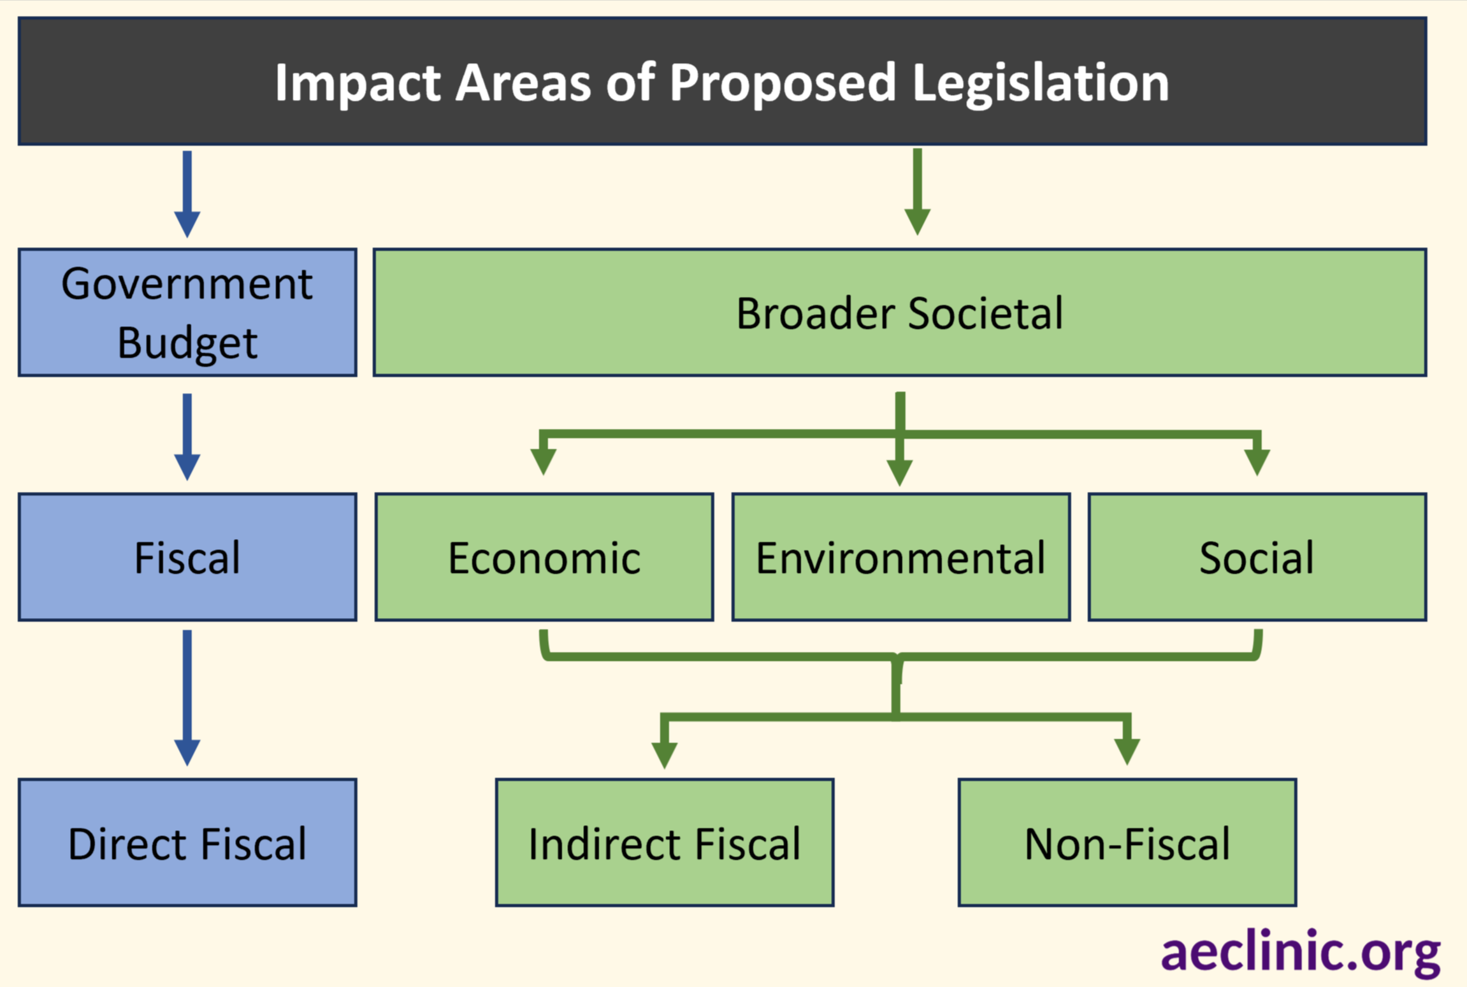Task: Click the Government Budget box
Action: point(187,312)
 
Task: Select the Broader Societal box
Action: point(899,312)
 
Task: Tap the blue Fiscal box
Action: point(187,557)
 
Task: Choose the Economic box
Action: point(544,557)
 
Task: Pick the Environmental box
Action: point(900,557)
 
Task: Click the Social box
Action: point(1257,557)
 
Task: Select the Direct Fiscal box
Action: point(187,842)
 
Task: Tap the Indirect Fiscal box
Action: point(665,842)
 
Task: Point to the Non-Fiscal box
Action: point(1127,842)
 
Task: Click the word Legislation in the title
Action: point(1041,83)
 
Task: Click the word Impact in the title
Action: point(358,83)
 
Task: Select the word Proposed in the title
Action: point(783,83)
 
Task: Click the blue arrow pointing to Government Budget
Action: point(187,194)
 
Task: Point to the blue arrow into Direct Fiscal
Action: point(187,698)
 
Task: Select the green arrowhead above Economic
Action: point(544,460)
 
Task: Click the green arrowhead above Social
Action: point(1257,461)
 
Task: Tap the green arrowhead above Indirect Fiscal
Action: point(665,753)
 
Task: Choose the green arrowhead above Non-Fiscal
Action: point(1127,751)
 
